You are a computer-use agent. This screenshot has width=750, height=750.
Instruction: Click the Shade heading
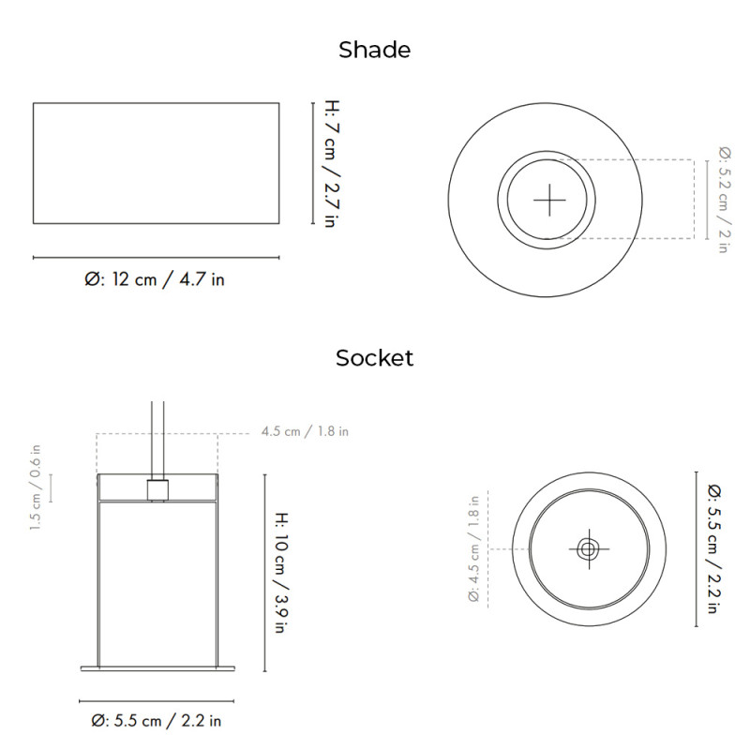[x=374, y=50]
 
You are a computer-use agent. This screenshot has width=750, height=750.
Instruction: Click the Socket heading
[x=374, y=357]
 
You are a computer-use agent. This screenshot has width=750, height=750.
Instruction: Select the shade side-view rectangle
[x=156, y=163]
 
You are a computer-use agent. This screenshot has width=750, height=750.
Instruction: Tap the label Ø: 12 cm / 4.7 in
[x=155, y=279]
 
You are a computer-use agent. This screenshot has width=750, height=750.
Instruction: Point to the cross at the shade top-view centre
[x=549, y=200]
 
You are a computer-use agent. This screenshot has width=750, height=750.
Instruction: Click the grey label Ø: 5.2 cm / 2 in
[x=723, y=200]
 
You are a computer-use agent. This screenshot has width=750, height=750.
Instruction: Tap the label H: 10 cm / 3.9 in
[x=280, y=572]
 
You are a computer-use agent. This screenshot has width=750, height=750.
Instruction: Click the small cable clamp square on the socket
[x=157, y=490]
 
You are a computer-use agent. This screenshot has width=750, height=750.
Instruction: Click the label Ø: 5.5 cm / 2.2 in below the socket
[x=156, y=721]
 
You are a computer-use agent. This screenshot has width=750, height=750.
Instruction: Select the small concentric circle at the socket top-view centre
[x=588, y=549]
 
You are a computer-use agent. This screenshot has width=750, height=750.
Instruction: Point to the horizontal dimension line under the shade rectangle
[x=156, y=257]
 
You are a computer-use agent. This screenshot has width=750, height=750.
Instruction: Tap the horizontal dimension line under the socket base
[x=156, y=700]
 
